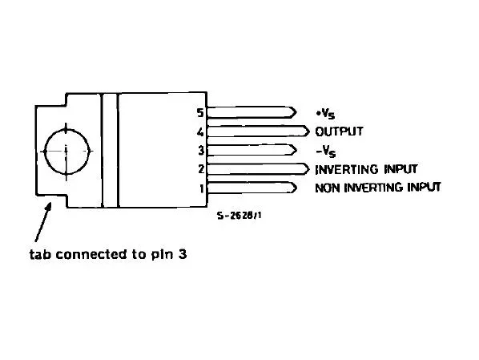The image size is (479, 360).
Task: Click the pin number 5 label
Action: tap(200, 113)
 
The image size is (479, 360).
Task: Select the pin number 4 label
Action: tap(200, 132)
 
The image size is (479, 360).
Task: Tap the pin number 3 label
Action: tap(201, 151)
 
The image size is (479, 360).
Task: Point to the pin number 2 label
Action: tap(201, 169)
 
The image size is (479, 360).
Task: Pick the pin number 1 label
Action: tap(202, 188)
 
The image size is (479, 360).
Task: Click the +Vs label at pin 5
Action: tap(326, 114)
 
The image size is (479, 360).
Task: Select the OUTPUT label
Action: tap(339, 131)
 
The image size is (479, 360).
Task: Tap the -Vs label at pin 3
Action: tap(326, 152)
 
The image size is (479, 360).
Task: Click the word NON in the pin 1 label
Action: tap(327, 188)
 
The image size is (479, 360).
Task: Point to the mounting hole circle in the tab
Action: tap(67, 129)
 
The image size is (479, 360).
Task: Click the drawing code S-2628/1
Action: tap(239, 216)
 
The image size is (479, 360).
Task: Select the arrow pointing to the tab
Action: tap(42, 222)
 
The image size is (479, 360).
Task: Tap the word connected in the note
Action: tap(93, 254)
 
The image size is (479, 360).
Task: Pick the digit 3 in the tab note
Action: tap(183, 254)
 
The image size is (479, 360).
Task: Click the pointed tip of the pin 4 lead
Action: tap(309, 131)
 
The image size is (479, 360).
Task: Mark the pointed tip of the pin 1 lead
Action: tap(296, 188)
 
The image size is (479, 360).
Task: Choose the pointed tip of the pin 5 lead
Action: tap(296, 112)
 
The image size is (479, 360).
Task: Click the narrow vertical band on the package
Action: tap(110, 150)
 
